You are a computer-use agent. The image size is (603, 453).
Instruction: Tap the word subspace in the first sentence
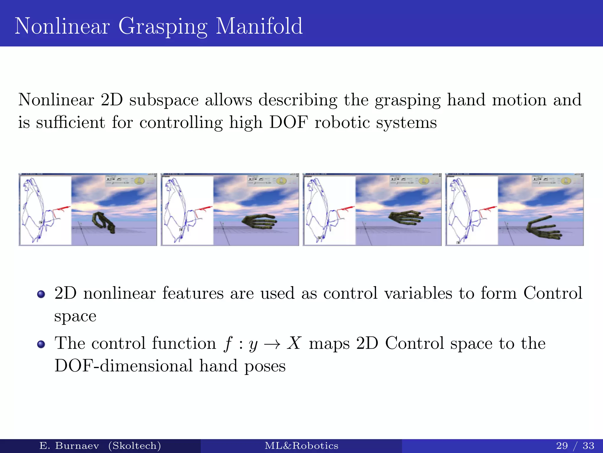tap(164, 100)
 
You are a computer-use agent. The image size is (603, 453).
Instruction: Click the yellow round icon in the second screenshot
tap(281, 180)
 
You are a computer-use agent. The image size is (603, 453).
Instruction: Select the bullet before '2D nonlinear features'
tap(41, 294)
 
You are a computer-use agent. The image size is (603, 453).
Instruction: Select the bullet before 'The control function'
tap(41, 344)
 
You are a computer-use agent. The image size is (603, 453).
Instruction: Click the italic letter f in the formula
tap(228, 344)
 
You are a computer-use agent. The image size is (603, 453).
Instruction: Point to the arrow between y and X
tap(272, 344)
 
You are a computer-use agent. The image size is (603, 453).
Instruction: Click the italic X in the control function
tap(294, 343)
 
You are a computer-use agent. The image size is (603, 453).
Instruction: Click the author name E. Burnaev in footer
tap(69, 445)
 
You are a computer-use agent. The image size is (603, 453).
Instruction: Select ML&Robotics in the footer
tap(301, 445)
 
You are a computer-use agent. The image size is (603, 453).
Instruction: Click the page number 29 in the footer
tap(562, 445)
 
